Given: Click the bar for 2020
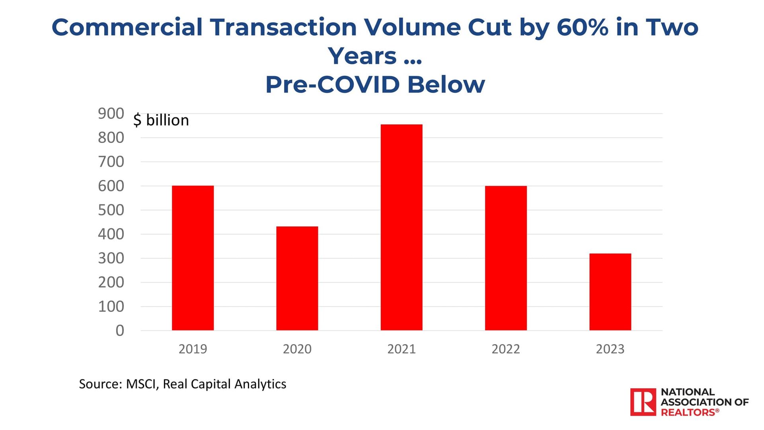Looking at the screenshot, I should tap(297, 278).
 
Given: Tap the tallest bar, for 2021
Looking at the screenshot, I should tap(401, 227).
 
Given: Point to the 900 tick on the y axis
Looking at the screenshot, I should tap(111, 114).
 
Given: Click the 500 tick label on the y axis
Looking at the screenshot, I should tap(111, 210).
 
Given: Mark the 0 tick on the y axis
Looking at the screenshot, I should tap(120, 330).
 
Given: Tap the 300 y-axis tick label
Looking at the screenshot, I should tap(111, 258).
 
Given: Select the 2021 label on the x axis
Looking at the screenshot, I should tap(401, 349).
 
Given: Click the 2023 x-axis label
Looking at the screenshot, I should tap(610, 349).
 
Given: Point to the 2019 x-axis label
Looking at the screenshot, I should tap(193, 349).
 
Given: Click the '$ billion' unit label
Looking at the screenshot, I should tap(161, 120).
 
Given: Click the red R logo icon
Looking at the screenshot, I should tap(643, 402).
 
